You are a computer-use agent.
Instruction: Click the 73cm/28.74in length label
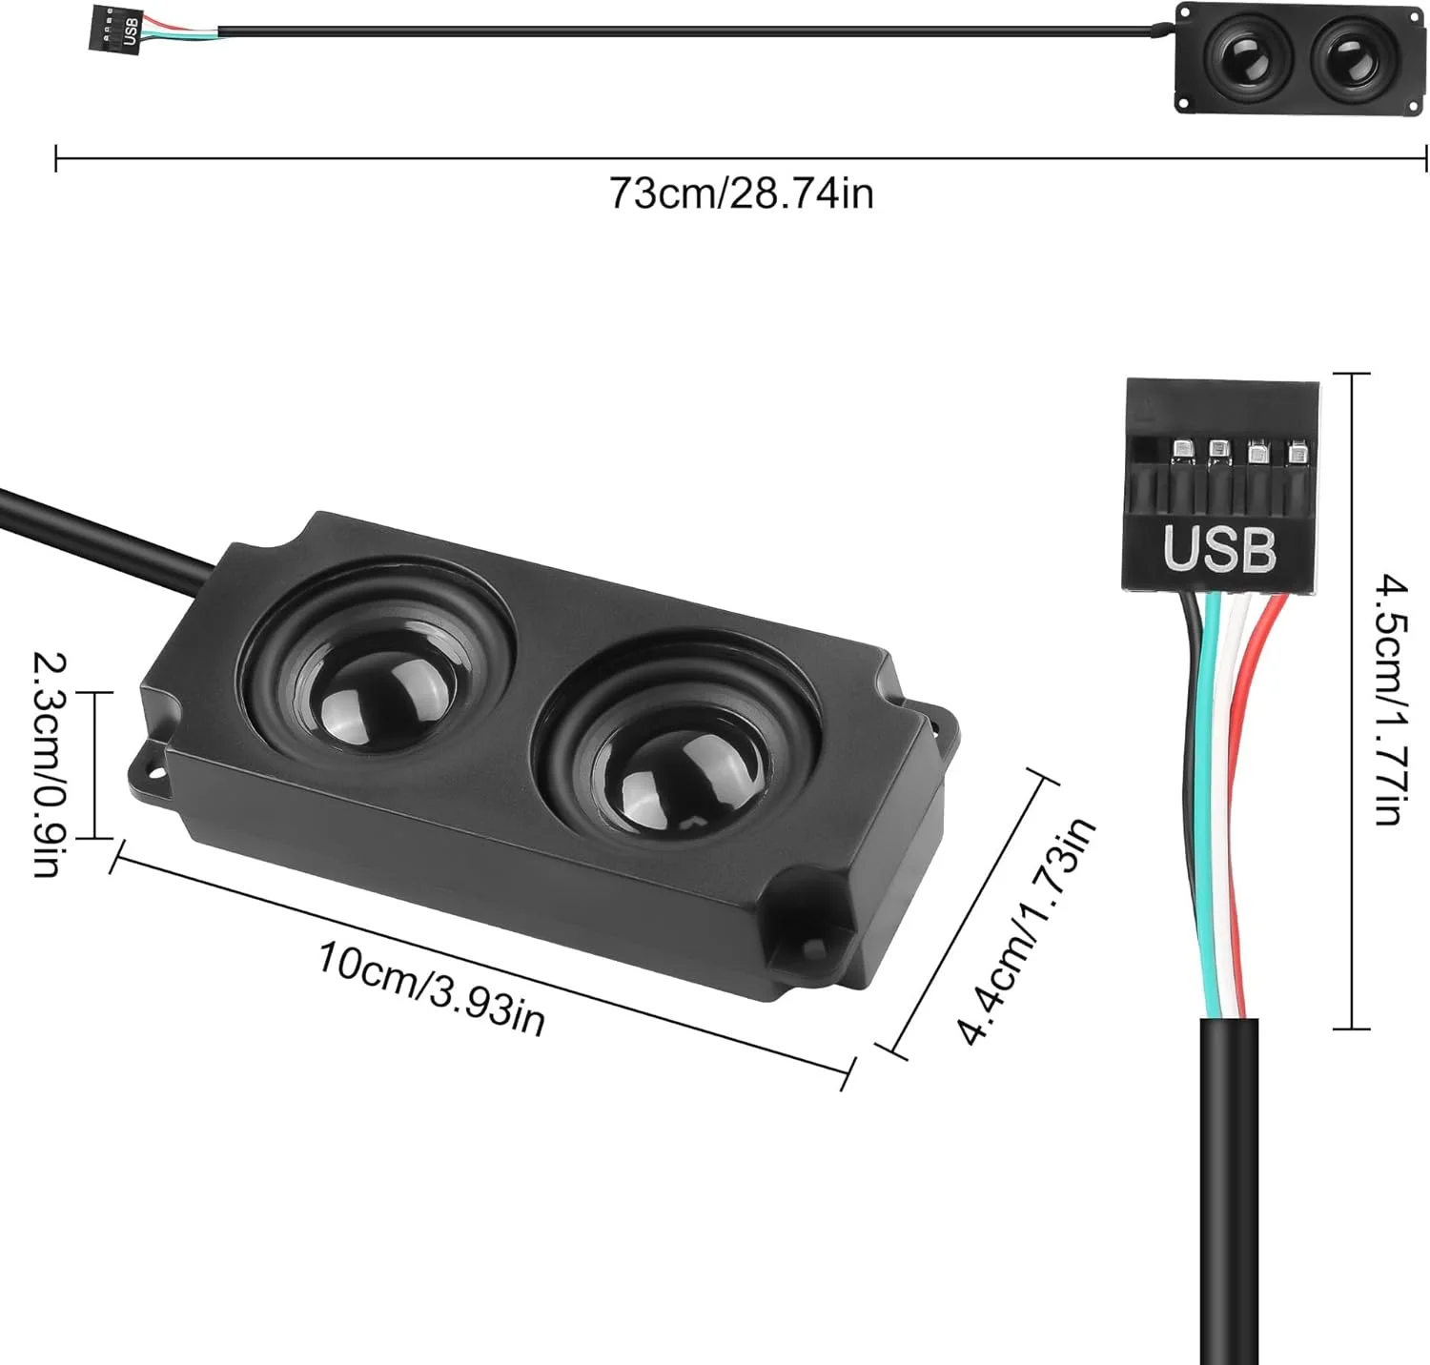click(x=741, y=194)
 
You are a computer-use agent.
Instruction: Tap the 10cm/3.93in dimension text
click(x=431, y=988)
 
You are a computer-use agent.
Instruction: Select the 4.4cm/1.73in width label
click(x=1026, y=932)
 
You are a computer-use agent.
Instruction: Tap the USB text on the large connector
click(x=1218, y=549)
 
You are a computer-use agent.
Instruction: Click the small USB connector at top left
click(x=120, y=28)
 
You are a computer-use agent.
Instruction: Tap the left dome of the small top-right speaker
click(x=1248, y=58)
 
